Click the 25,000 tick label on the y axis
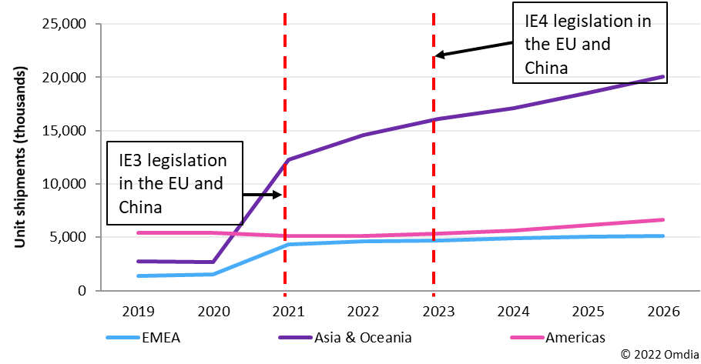tap(64, 24)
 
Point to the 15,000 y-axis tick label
tap(64, 131)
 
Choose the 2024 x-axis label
tap(511, 312)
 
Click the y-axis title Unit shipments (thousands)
tap(21, 157)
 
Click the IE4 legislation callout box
tap(589, 44)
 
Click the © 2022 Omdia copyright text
tap(659, 353)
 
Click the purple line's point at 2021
tap(286, 160)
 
